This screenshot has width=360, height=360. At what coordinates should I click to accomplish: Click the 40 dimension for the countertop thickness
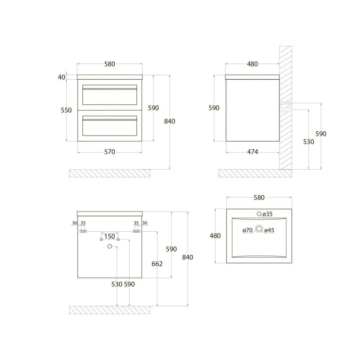click(62, 77)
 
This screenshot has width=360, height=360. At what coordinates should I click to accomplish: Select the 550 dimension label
click(66, 110)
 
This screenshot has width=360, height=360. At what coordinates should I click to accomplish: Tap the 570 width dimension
click(110, 152)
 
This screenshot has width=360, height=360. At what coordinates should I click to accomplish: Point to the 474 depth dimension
click(252, 152)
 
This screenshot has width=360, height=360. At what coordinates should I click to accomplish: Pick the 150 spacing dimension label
click(110, 237)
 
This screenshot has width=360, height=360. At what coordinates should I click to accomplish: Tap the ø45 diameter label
click(269, 230)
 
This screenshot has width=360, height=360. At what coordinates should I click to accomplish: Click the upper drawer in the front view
click(110, 94)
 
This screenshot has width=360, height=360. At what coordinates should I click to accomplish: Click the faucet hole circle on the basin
click(259, 214)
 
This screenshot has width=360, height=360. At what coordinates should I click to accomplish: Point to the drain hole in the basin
click(259, 229)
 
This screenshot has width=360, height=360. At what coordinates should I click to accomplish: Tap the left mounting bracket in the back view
click(83, 230)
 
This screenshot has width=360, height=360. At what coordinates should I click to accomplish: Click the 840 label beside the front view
click(170, 121)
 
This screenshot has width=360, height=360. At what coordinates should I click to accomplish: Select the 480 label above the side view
click(252, 64)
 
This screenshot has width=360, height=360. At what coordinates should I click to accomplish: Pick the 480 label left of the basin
click(216, 236)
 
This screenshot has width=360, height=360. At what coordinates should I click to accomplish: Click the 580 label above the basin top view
click(259, 198)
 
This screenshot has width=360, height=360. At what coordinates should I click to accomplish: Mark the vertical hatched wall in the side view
click(286, 108)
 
